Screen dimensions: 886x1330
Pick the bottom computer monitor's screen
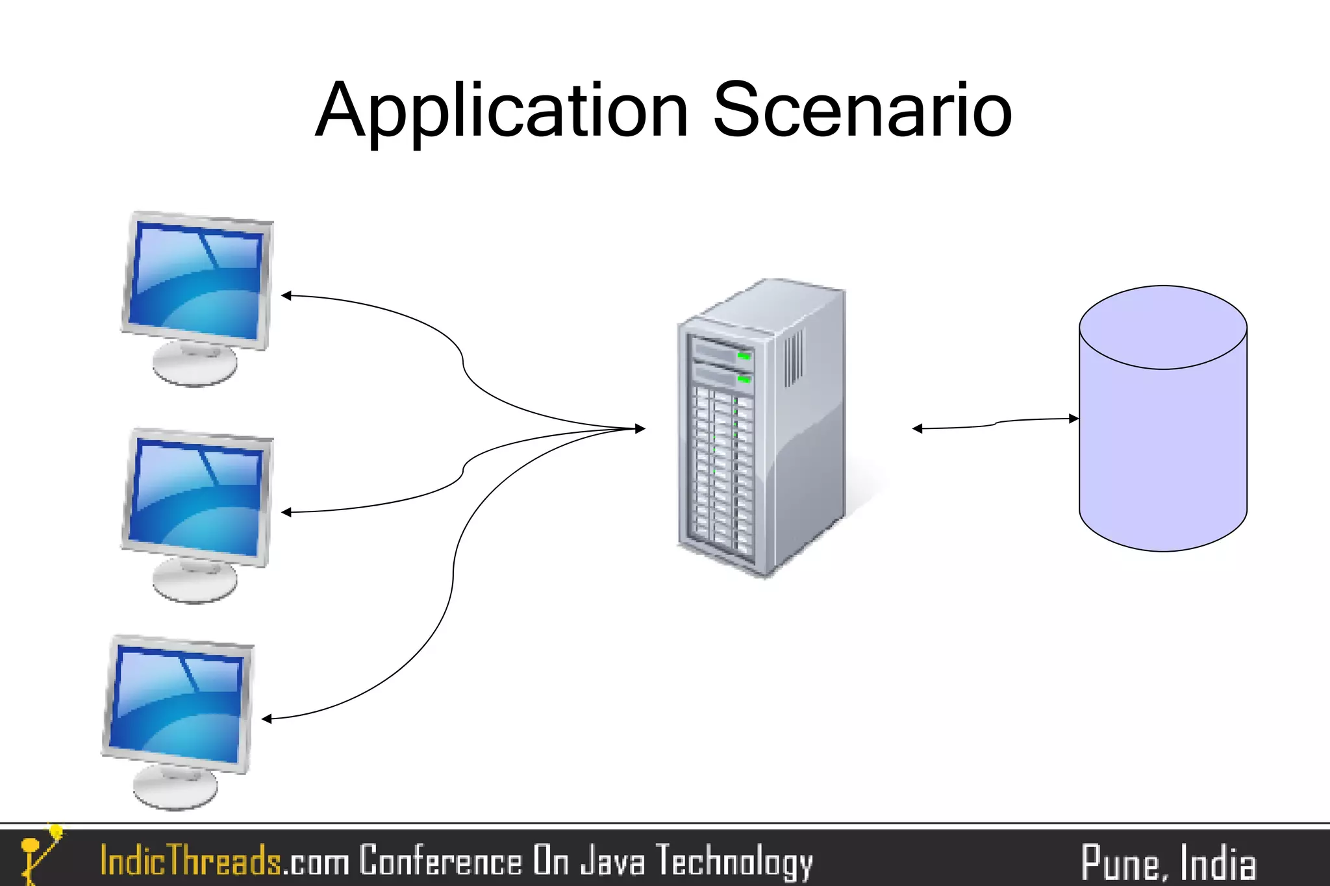pos(177,705)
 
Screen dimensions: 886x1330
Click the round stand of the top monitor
pos(195,365)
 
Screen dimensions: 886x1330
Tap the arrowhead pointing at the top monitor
pos(286,295)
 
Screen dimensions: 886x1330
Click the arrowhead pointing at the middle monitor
pos(286,512)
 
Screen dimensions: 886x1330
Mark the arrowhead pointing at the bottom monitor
pos(267,719)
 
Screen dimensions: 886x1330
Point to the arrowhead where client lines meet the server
pos(640,428)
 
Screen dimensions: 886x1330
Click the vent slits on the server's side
pos(794,357)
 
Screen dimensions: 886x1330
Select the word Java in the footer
pos(613,861)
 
